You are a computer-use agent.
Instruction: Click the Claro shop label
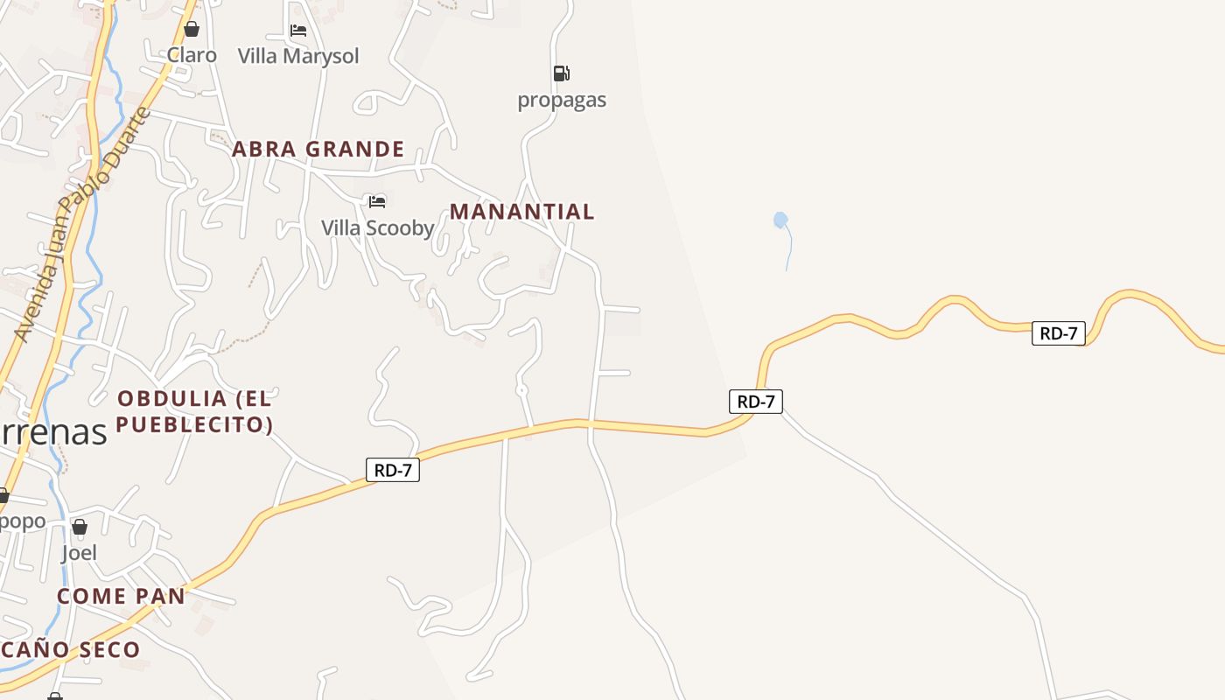click(192, 55)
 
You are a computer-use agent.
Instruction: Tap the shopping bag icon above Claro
click(192, 30)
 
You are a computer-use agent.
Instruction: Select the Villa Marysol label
click(298, 56)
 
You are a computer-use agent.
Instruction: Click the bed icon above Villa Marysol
click(298, 31)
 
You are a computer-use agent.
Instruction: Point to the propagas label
click(562, 100)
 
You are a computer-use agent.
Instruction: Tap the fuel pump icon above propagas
click(562, 73)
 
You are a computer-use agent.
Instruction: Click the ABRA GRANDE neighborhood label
click(318, 149)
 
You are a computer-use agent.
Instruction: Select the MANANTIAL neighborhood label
click(522, 211)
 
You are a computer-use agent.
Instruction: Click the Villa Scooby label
click(378, 227)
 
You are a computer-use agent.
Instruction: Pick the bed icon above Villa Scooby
click(377, 202)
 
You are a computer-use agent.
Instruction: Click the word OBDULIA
click(172, 399)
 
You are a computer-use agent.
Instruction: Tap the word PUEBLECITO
click(193, 425)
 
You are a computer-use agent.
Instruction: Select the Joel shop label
click(79, 552)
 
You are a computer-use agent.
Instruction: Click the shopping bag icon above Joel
click(80, 527)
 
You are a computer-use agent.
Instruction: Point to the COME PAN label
click(122, 596)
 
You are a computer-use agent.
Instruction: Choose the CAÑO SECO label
click(70, 649)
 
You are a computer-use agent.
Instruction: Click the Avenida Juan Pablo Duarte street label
click(83, 225)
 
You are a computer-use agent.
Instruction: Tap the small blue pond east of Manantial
click(780, 220)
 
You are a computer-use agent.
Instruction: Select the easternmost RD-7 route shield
click(1059, 332)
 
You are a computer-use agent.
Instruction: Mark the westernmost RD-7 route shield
click(393, 470)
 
